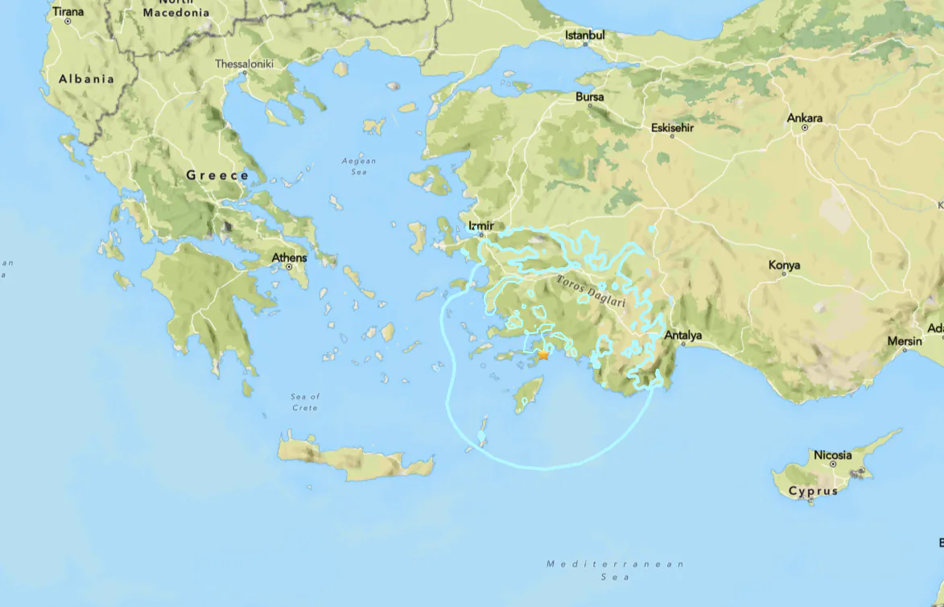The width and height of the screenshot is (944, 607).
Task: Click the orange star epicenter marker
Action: click(x=544, y=354)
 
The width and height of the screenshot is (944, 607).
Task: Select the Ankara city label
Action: click(x=805, y=118)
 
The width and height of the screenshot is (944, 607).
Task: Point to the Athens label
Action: click(x=289, y=258)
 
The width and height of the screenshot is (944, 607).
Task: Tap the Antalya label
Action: click(x=683, y=335)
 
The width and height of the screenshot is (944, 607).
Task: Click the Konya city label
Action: click(x=784, y=265)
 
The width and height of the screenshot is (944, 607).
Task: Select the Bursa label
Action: click(x=589, y=97)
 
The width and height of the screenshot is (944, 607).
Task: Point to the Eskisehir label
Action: click(x=672, y=127)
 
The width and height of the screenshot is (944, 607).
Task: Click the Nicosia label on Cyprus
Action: click(x=832, y=455)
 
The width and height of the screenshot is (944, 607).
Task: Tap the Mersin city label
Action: click(x=905, y=341)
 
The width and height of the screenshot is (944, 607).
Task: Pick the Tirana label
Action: click(x=68, y=12)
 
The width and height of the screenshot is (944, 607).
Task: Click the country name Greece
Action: click(x=217, y=175)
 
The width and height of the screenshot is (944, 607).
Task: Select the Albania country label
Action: click(x=87, y=79)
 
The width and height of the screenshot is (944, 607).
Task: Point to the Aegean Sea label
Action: click(x=359, y=166)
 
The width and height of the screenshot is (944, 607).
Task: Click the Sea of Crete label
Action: click(x=305, y=402)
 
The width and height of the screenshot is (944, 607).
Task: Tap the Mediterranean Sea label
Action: click(x=615, y=570)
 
